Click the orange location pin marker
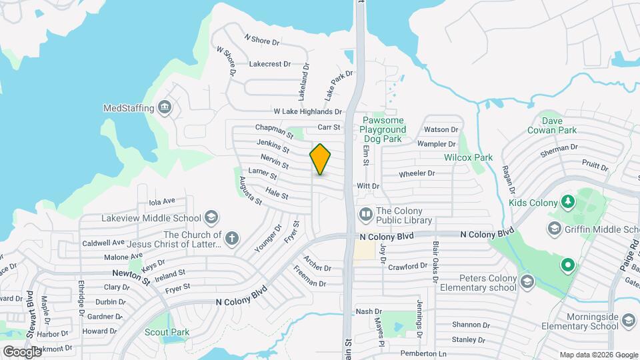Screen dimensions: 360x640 tap(321, 159)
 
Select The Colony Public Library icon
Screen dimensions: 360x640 tap(365, 215)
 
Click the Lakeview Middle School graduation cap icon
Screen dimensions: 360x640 tap(211, 218)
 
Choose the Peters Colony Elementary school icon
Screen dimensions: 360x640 tap(527, 280)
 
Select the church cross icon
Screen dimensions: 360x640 tap(232, 239)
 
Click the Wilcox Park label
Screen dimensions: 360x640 tap(468, 158)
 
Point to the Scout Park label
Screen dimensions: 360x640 tap(167, 332)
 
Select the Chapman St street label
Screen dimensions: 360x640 tap(270, 127)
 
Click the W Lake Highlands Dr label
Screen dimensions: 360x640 tap(307, 111)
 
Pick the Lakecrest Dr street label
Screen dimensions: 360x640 tap(269, 64)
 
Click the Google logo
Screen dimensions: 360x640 tap(23, 351)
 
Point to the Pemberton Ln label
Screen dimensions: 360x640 tap(423, 353)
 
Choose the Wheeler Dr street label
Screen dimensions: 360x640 tap(417, 174)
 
